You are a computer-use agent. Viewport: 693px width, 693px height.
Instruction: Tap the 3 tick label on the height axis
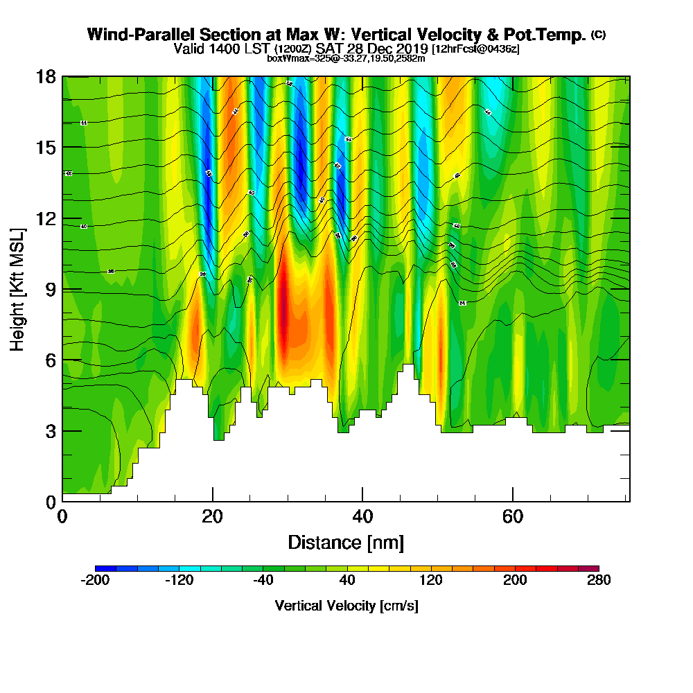[x=49, y=431]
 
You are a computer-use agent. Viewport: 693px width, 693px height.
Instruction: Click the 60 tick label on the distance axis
[x=513, y=517]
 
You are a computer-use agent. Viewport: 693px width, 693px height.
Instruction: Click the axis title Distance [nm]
[x=346, y=542]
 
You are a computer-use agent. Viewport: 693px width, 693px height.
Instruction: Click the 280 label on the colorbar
[x=599, y=581]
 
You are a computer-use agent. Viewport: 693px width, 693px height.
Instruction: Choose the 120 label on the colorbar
[x=431, y=581]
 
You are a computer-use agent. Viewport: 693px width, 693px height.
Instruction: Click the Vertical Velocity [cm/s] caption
[x=346, y=606]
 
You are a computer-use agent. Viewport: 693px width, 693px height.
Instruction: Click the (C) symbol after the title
[x=599, y=35]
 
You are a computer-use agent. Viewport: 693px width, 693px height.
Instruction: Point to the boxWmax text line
[x=346, y=58]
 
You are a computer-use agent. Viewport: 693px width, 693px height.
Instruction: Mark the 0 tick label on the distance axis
[x=62, y=517]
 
